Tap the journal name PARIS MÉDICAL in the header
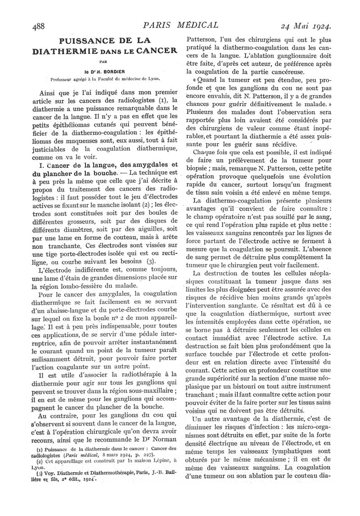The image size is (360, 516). click(180, 25)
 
